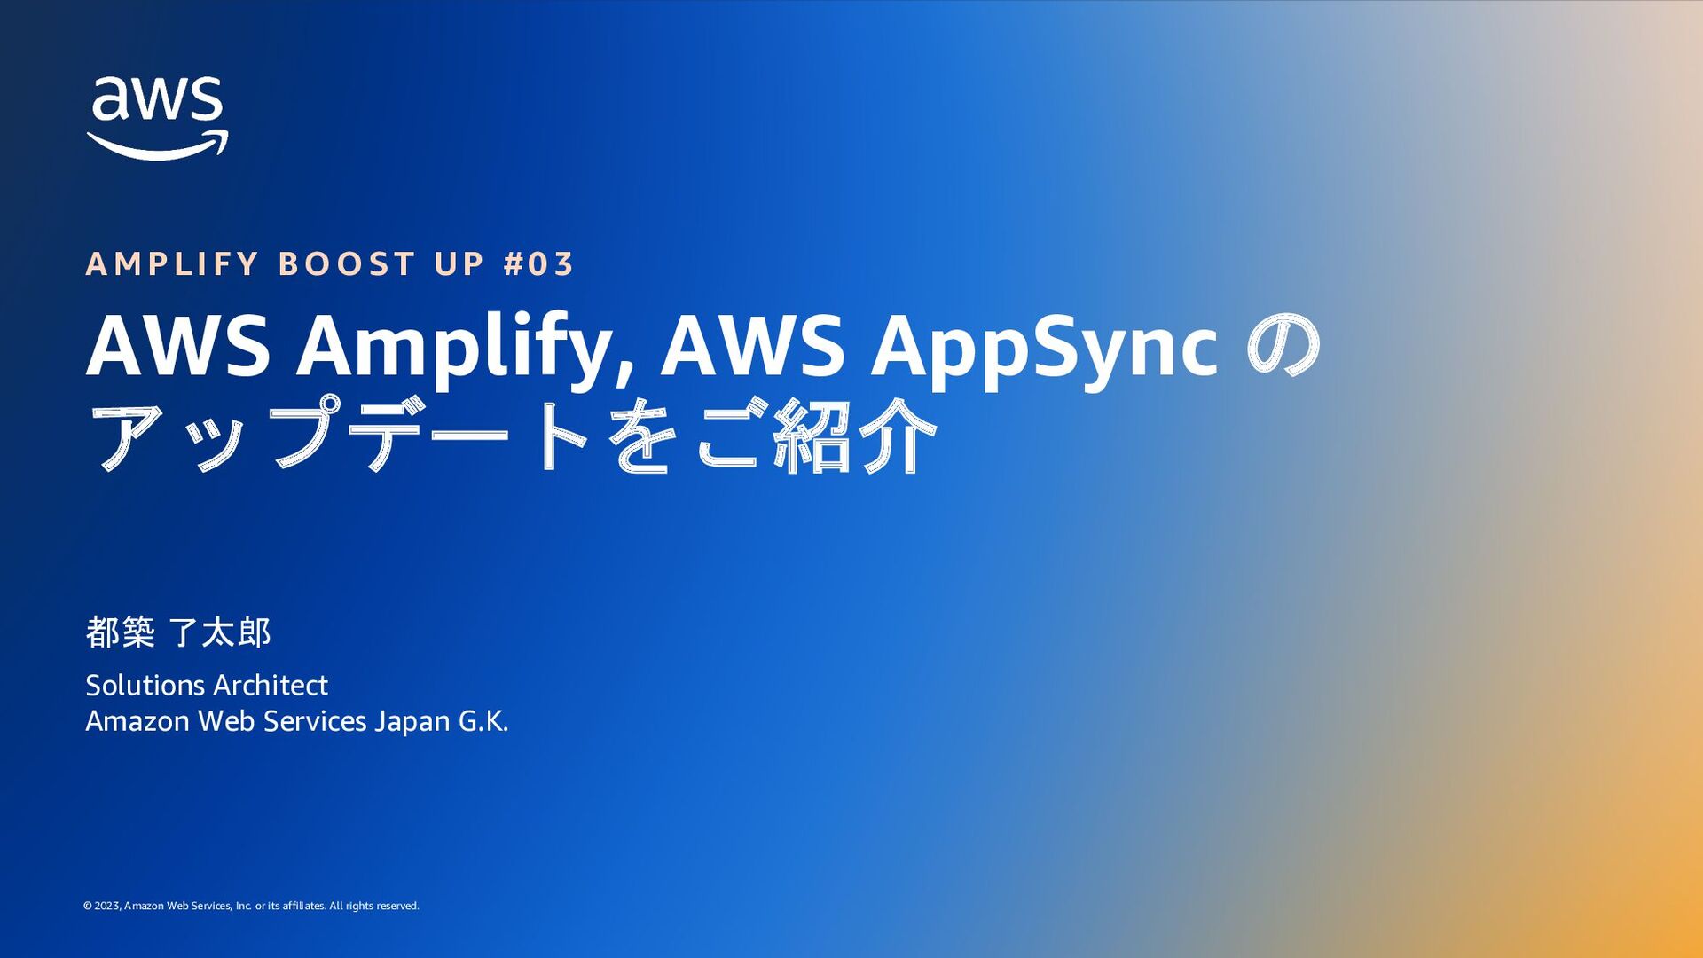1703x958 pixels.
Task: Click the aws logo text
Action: [157, 98]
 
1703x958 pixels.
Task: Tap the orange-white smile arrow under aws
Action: [157, 146]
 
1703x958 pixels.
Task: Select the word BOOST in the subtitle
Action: [347, 264]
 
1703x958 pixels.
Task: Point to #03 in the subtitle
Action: [538, 264]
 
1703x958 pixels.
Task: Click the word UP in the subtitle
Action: [459, 264]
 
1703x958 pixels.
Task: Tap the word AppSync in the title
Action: [1044, 349]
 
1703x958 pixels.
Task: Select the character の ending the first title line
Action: [1283, 346]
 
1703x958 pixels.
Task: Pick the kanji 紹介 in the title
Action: [855, 436]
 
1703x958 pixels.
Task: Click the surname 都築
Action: [120, 632]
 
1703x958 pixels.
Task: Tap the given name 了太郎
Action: [219, 632]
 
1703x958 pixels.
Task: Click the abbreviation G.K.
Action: [483, 722]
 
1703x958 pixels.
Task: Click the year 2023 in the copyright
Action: [106, 906]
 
